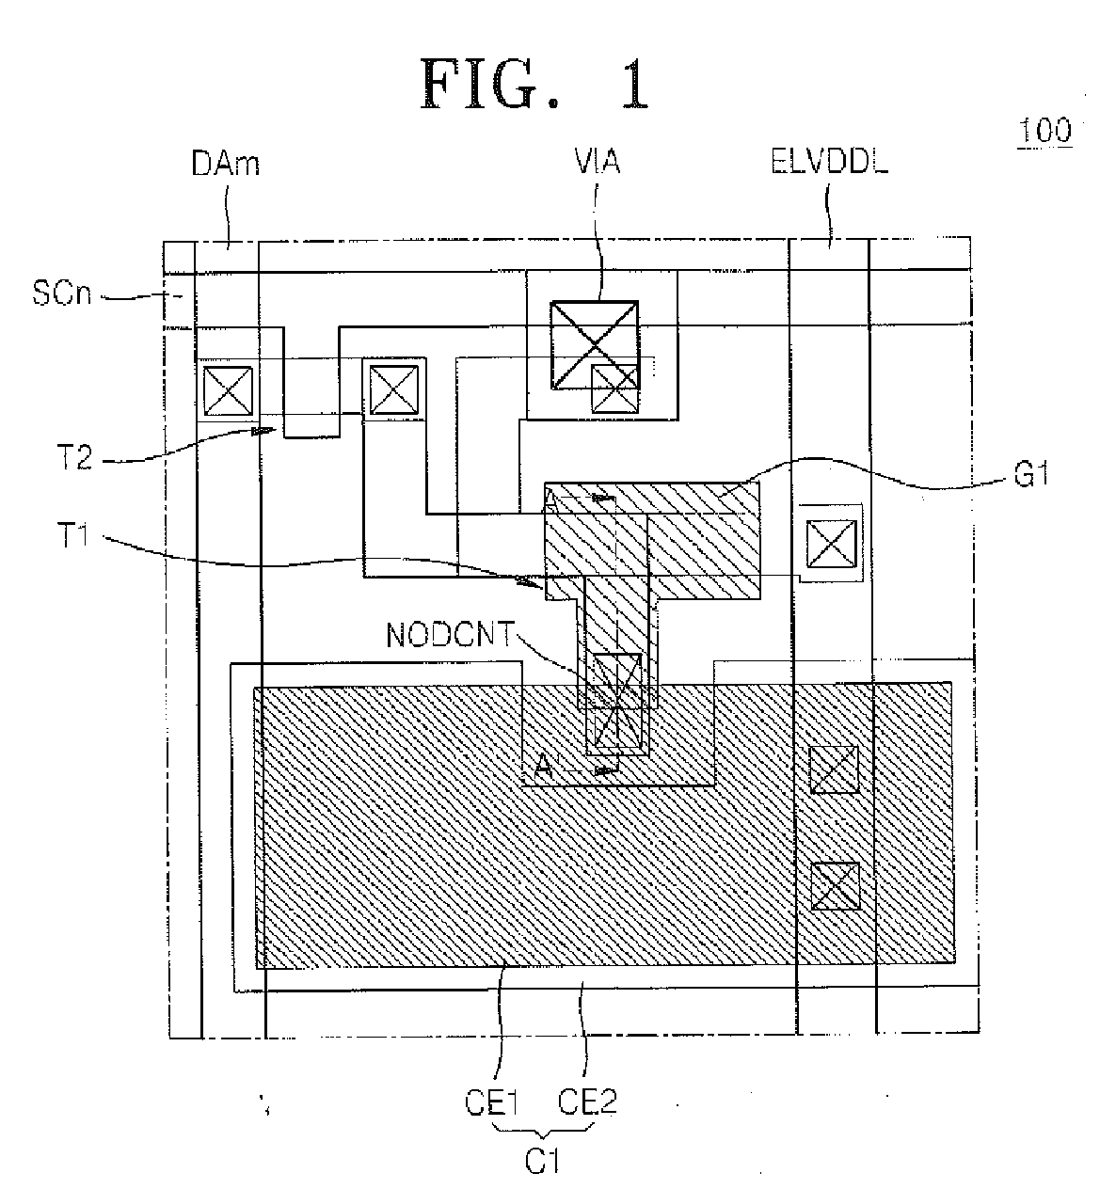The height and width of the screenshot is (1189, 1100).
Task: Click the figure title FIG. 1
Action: (x=534, y=85)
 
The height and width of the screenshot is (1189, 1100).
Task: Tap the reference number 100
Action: (x=1044, y=130)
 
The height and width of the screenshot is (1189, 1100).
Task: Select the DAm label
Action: (x=225, y=163)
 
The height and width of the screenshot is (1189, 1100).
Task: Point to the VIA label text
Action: (x=597, y=161)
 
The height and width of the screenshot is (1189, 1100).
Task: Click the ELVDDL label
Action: (x=829, y=161)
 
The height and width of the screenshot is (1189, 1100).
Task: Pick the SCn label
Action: (x=61, y=293)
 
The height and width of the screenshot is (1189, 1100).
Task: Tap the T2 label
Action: (x=74, y=459)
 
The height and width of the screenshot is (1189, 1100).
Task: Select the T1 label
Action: (x=72, y=534)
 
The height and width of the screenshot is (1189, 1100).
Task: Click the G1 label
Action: (x=1030, y=475)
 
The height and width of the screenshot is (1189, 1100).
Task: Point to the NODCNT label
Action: (x=451, y=635)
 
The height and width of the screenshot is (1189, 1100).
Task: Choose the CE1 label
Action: (x=491, y=1102)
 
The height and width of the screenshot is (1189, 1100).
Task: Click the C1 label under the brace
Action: (x=542, y=1162)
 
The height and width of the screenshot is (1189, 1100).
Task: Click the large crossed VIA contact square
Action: (x=595, y=345)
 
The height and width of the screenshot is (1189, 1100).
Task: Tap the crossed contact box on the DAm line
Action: (x=228, y=390)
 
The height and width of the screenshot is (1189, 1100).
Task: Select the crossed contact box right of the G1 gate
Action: (x=830, y=544)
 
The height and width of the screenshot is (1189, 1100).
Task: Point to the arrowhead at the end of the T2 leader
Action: (x=263, y=431)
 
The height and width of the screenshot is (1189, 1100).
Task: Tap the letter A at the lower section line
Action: (x=543, y=765)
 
